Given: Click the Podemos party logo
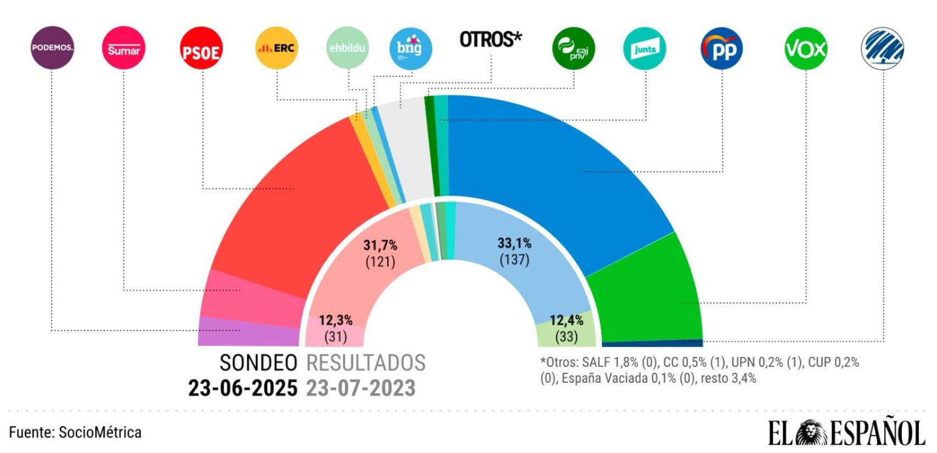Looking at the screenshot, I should (52, 48).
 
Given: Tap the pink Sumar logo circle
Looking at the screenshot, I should (124, 48).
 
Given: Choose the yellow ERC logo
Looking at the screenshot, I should (277, 48).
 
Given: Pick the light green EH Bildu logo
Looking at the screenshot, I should (347, 48).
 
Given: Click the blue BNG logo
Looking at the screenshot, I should (410, 48).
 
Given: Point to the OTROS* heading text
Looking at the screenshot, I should (490, 40).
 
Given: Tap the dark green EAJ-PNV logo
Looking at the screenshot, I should (573, 48).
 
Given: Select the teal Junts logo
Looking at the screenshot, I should (645, 49).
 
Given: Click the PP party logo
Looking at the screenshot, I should (722, 49).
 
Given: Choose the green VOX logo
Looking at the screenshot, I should (806, 49).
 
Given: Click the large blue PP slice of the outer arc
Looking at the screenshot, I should (549, 165).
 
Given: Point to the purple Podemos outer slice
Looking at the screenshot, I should (247, 332).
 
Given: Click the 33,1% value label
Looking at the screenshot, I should (515, 243).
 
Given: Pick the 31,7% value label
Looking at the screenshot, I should (381, 245).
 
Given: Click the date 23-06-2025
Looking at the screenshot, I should (242, 388).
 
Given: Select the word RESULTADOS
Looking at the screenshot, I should (366, 363).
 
